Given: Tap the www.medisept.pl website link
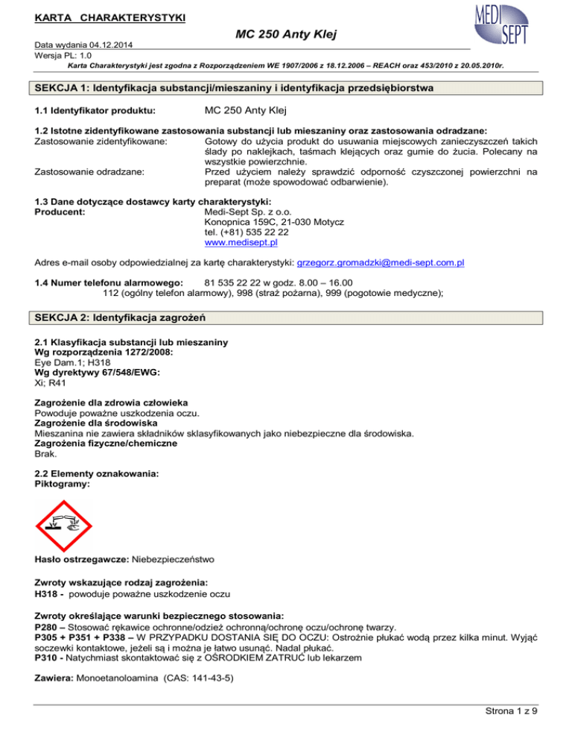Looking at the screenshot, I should point(238,242).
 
